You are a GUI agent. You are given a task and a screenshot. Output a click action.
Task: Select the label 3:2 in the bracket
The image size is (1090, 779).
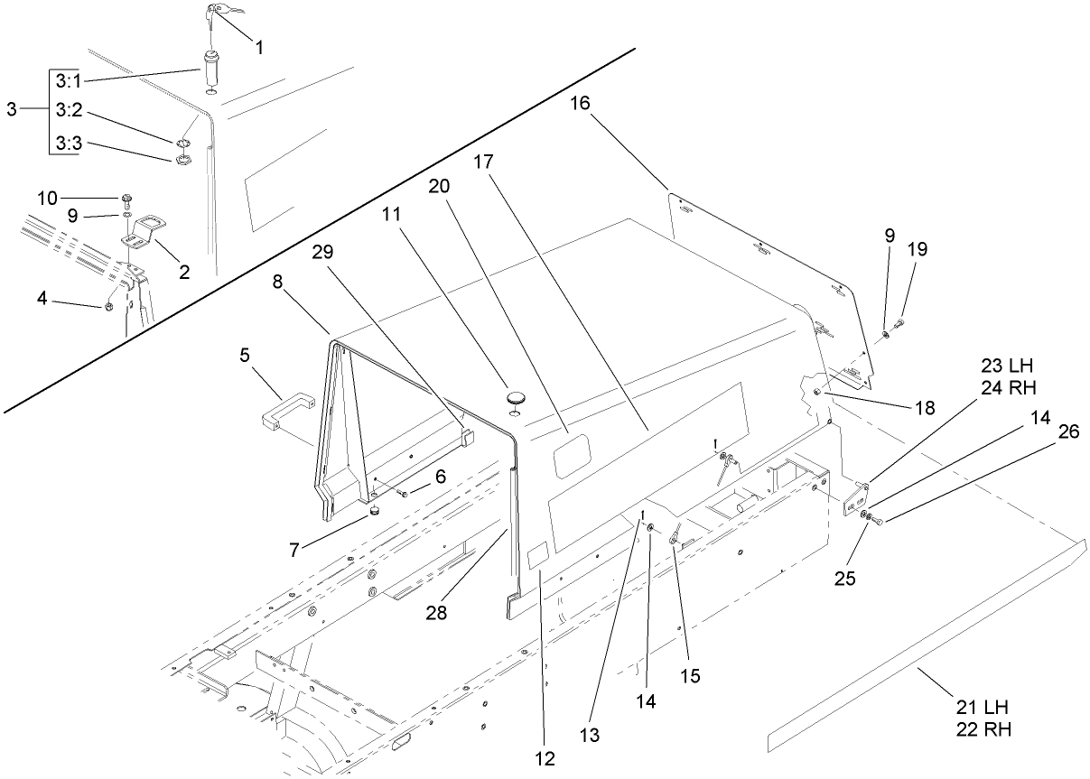[x=68, y=109]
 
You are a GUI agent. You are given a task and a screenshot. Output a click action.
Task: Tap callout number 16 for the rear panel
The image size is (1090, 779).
[x=580, y=104]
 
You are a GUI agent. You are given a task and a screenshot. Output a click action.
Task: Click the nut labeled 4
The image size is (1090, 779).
[x=108, y=307]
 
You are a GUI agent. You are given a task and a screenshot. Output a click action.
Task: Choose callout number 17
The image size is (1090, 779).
[x=484, y=162]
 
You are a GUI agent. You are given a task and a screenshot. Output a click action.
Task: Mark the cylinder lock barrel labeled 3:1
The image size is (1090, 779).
[x=212, y=70]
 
